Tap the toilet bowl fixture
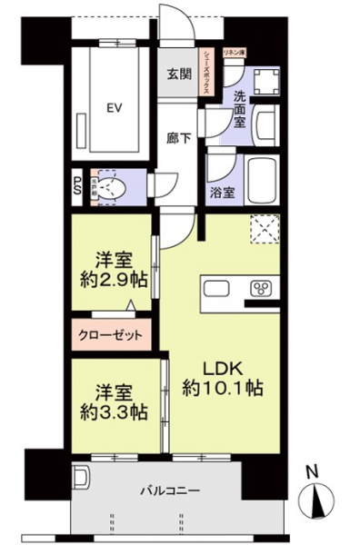click(112, 188)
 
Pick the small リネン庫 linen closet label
click(235, 54)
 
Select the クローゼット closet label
click(115, 334)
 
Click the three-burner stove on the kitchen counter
click(264, 290)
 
